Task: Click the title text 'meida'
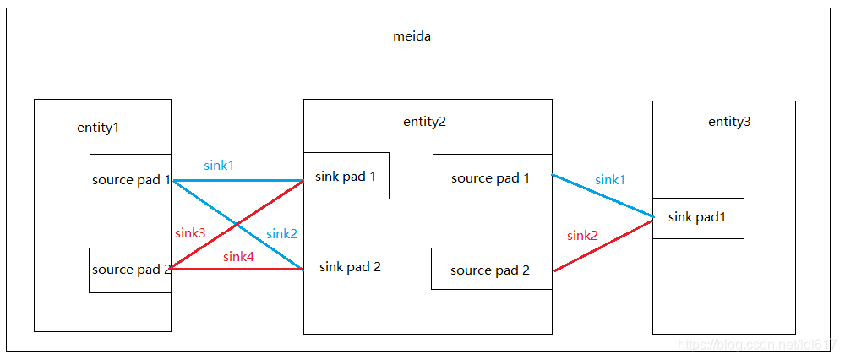coord(412,36)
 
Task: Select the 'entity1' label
coord(98,128)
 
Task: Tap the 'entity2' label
coord(424,121)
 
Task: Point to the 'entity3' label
coord(728,122)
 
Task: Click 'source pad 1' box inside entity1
coord(131,179)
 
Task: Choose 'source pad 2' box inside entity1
coord(130,270)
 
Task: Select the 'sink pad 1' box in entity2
coord(346,176)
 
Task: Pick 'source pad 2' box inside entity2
coord(491,270)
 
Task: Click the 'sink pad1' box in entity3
coord(698,217)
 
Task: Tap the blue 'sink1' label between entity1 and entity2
coord(219,166)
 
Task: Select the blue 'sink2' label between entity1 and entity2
coord(281,233)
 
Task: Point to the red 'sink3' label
coord(190,232)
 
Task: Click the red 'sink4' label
coord(238,256)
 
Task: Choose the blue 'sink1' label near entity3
coord(610,179)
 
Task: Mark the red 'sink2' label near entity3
coord(582,235)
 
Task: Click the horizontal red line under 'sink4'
coord(253,269)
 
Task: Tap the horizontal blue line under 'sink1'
coord(253,180)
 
